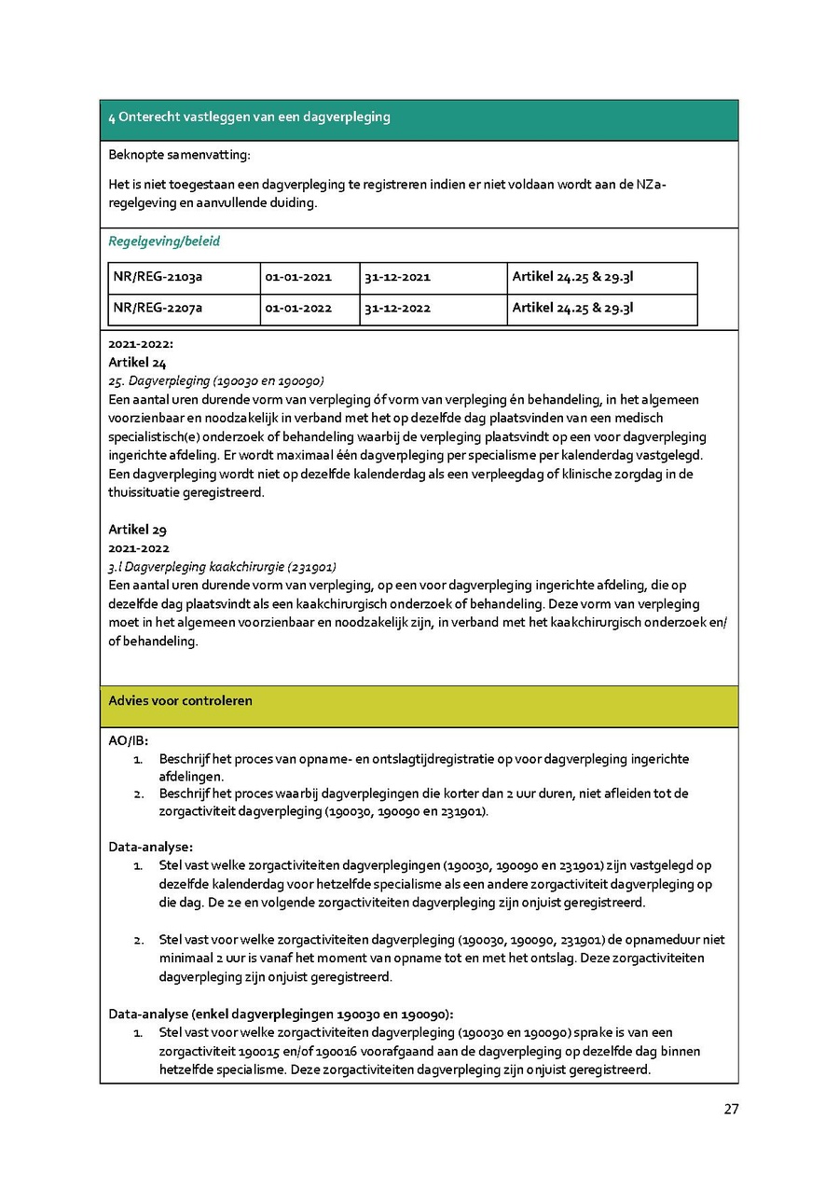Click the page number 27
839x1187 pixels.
pos(731,1109)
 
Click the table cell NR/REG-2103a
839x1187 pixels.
pos(158,277)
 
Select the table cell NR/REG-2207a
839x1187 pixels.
pos(158,309)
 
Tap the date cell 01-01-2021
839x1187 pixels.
pos(298,277)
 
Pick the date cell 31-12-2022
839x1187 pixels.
pos(397,309)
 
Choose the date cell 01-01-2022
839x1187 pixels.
pos(298,309)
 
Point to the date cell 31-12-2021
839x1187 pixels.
pos(397,277)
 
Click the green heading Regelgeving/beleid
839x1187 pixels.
pos(164,242)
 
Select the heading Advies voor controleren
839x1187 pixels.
pos(180,700)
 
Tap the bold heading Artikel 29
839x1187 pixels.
pos(137,530)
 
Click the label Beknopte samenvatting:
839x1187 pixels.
pos(179,154)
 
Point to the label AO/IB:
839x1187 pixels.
pos(128,741)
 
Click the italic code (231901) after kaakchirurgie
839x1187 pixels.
pos(311,567)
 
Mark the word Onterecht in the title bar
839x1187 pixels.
pos(148,117)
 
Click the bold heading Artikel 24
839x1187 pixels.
pos(137,362)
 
